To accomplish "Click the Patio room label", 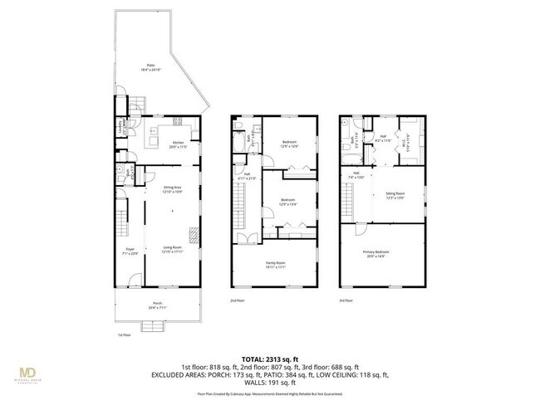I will pyautogui.click(x=150, y=66).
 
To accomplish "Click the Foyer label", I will pyautogui.click(x=130, y=250).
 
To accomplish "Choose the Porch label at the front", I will pyautogui.click(x=157, y=305).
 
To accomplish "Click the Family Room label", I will pyautogui.click(x=276, y=266).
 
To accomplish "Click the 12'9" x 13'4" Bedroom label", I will pyautogui.click(x=287, y=202).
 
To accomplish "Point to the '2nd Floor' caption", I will pyautogui.click(x=238, y=300).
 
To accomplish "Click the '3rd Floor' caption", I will pyautogui.click(x=346, y=300).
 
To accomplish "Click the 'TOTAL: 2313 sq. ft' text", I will pyautogui.click(x=270, y=357).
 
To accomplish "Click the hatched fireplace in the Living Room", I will pyautogui.click(x=193, y=235).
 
